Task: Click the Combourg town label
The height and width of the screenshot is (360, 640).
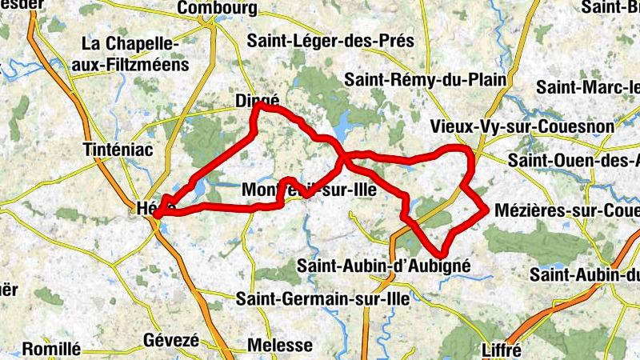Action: click(x=218, y=8)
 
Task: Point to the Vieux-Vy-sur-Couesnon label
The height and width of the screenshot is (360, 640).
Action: click(x=522, y=126)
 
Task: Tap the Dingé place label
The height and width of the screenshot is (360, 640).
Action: click(x=258, y=101)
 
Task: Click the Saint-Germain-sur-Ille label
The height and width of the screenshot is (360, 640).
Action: click(x=323, y=298)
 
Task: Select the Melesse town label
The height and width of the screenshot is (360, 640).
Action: click(x=281, y=346)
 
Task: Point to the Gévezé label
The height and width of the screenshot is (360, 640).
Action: click(x=170, y=340)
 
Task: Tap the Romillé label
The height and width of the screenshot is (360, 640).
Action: click(x=51, y=349)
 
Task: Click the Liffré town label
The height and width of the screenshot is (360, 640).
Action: click(x=502, y=350)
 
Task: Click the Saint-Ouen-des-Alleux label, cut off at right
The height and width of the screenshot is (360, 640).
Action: click(x=573, y=161)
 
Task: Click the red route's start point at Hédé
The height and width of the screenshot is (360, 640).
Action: click(x=156, y=214)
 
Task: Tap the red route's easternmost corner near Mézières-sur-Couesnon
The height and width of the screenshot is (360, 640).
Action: click(x=486, y=210)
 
